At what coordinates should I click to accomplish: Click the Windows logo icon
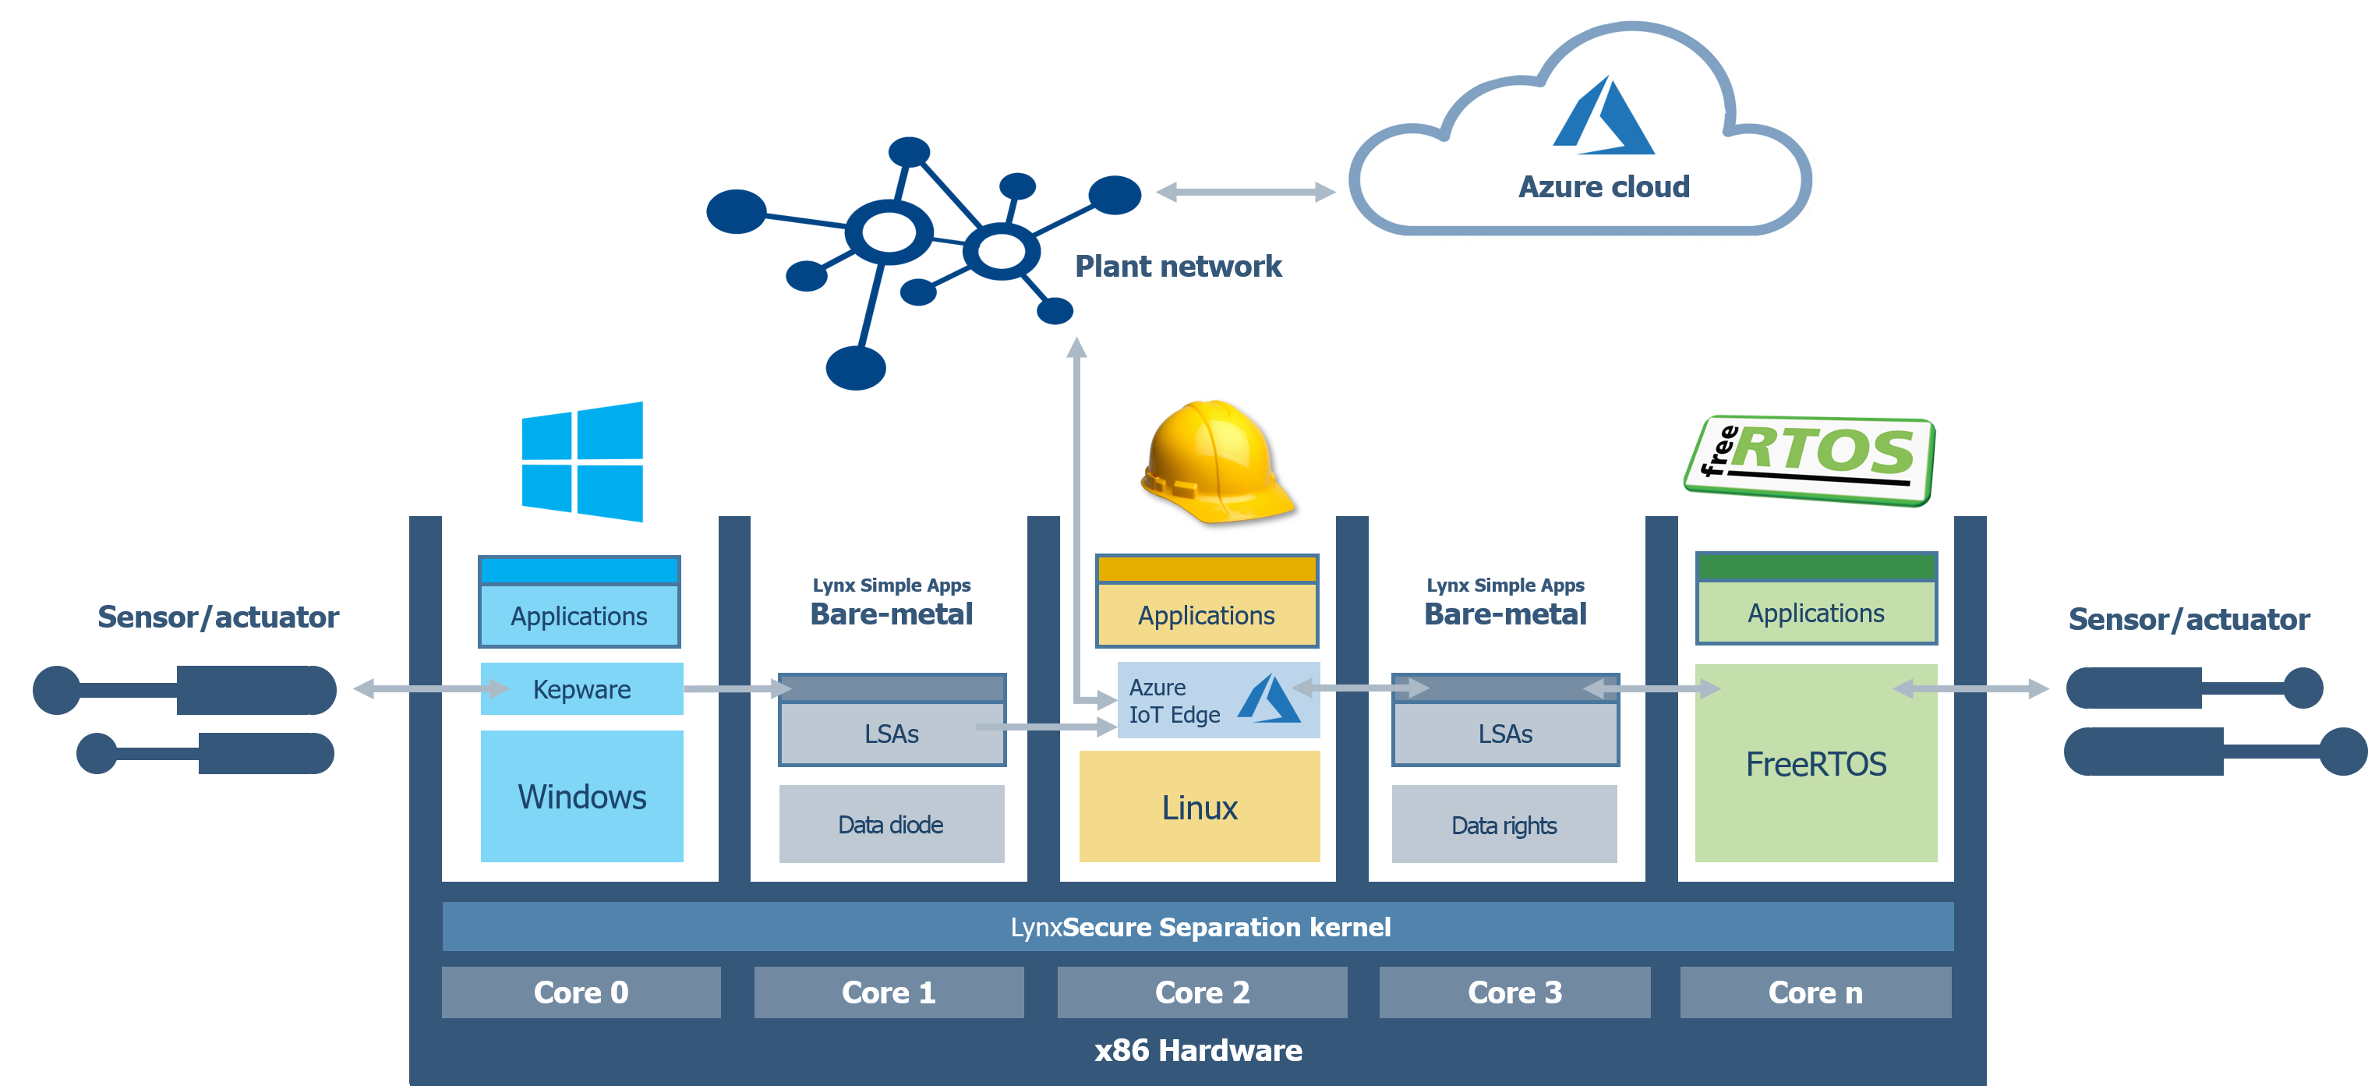(x=583, y=462)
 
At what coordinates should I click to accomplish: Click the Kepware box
(x=582, y=688)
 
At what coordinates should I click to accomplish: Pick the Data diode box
(x=890, y=823)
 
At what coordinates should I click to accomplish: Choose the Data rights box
(x=1505, y=824)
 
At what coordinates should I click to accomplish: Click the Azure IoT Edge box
(x=1217, y=700)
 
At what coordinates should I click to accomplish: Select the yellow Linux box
(x=1199, y=806)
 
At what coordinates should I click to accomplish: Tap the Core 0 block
(x=581, y=992)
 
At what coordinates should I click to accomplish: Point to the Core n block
(x=1815, y=992)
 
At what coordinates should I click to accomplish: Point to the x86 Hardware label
(x=1198, y=1049)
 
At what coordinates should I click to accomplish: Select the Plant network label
(x=1178, y=266)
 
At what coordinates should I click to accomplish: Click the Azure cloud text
(x=1603, y=186)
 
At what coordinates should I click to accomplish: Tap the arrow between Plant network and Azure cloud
(x=1245, y=191)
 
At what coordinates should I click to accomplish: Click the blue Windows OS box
(x=582, y=795)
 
